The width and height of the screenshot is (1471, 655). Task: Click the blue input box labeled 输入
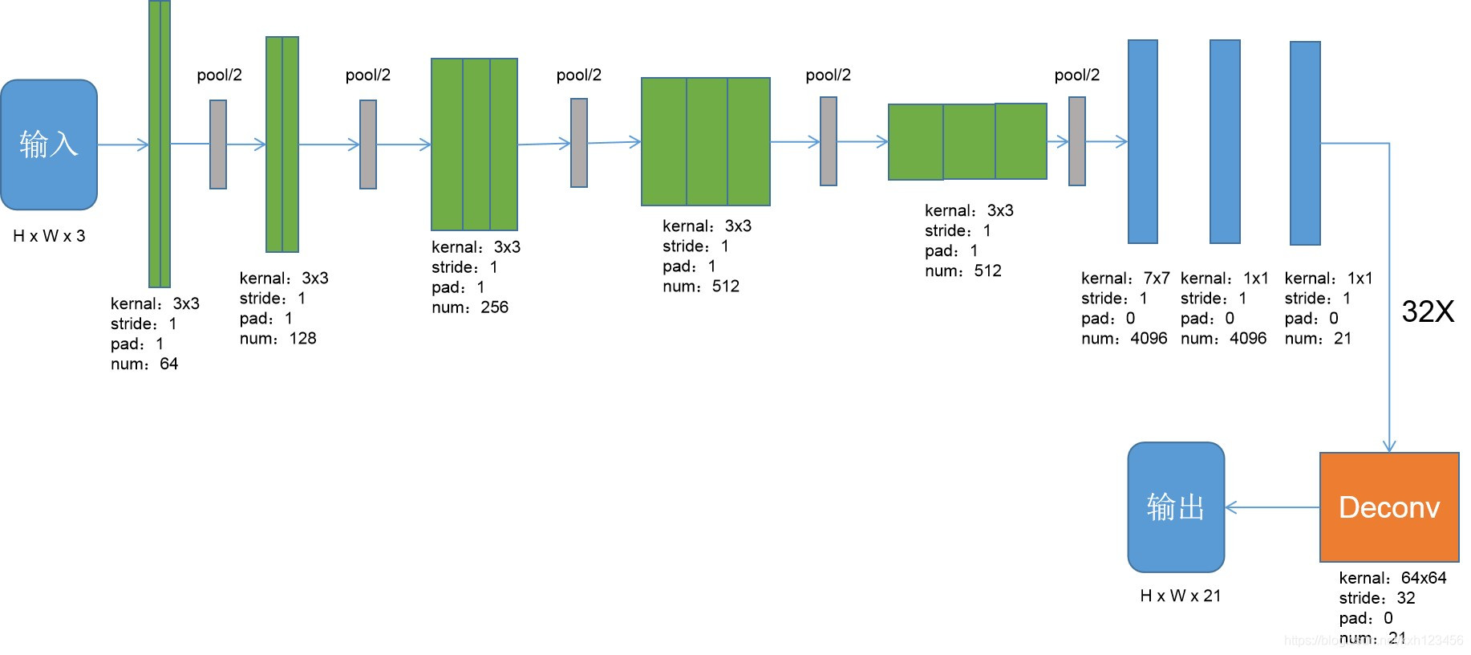[x=49, y=144]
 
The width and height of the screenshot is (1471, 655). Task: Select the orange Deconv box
[x=1388, y=507]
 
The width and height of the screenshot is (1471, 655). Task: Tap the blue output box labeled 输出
[x=1175, y=507]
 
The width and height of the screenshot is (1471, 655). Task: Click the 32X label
[x=1428, y=311]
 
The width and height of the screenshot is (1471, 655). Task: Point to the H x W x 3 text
[x=49, y=236]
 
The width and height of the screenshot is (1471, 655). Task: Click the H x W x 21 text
[x=1180, y=596]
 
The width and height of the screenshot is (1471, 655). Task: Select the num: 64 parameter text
[x=144, y=364]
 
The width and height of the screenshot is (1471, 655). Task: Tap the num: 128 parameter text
[x=278, y=338]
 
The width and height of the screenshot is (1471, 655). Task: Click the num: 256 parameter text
[x=470, y=307]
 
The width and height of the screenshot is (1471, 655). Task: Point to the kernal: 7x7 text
[x=1125, y=278]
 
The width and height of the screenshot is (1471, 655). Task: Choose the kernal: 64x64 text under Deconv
[x=1392, y=578]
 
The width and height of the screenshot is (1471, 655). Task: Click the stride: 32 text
[x=1376, y=598]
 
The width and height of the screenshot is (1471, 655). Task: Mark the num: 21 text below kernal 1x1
[x=1318, y=338]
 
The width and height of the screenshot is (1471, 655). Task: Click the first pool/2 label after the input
[x=219, y=75]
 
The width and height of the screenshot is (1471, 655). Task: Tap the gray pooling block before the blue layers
[x=1076, y=141]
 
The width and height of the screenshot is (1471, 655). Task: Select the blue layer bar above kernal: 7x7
[x=1142, y=141]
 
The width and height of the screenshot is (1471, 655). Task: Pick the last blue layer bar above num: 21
[x=1305, y=143]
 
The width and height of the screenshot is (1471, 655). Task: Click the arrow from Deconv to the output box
[x=1272, y=507]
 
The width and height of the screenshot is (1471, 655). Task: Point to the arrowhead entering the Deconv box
[x=1389, y=446]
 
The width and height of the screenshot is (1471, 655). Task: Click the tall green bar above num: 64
[x=160, y=144]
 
